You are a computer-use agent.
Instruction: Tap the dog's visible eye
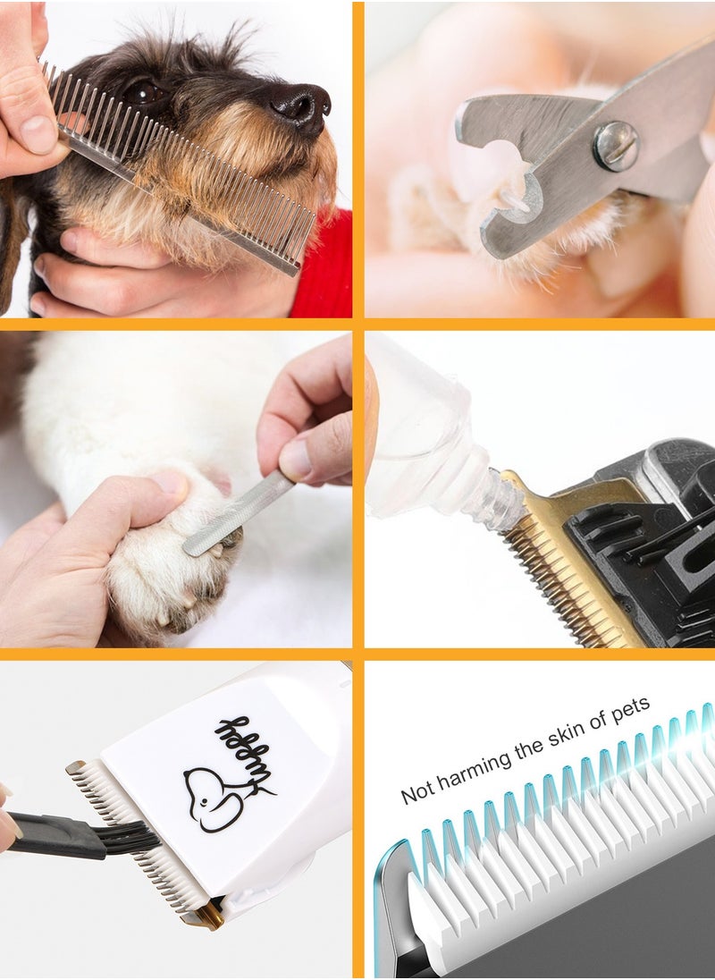143,92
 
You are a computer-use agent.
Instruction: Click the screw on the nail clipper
616,145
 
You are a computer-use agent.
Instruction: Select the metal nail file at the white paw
240,514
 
